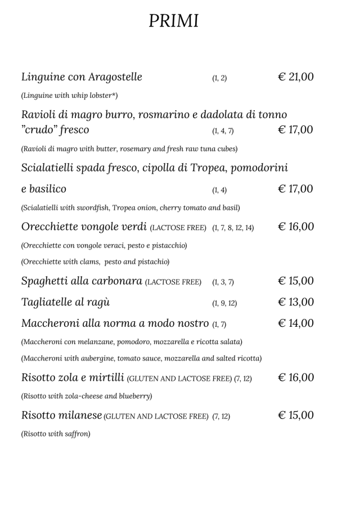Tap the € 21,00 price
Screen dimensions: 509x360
coord(296,77)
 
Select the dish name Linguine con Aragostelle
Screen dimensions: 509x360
coord(82,77)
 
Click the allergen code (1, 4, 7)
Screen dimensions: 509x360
coord(223,132)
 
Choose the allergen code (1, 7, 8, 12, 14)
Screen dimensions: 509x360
coord(233,228)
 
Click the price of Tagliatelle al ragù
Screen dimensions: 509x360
coord(296,302)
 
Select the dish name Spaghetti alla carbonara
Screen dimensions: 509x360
coord(81,281)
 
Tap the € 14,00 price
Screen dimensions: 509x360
coord(296,323)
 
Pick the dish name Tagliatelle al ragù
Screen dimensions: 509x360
coord(65,302)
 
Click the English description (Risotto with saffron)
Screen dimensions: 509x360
coord(56,434)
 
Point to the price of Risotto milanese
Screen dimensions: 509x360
coord(296,416)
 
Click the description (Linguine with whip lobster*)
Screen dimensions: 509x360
coord(69,95)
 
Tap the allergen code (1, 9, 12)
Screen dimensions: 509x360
coord(224,303)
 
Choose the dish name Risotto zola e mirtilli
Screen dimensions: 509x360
coord(73,377)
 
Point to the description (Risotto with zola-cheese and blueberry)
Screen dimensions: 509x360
coord(87,396)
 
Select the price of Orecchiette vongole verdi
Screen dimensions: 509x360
coord(296,227)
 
